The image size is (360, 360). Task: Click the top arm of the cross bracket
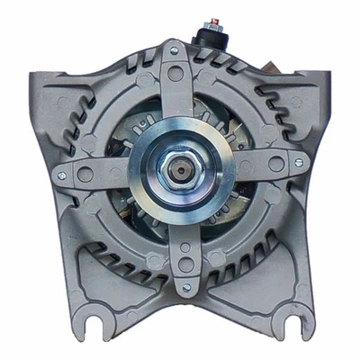(x=181, y=94)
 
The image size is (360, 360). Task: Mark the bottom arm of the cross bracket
(x=183, y=256)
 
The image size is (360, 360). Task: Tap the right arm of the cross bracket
(x=265, y=175)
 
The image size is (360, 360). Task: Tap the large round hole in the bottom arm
(x=183, y=266)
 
